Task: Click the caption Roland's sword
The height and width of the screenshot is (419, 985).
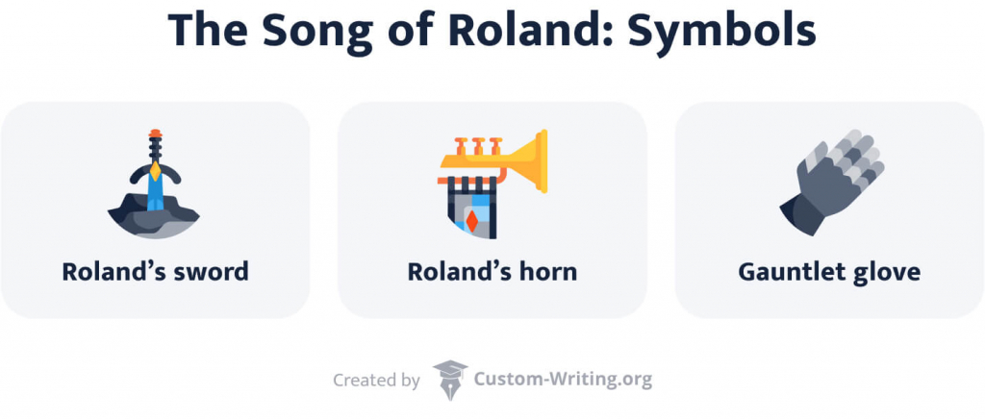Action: pyautogui.click(x=155, y=272)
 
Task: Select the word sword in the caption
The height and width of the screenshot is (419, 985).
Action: pyautogui.click(x=211, y=272)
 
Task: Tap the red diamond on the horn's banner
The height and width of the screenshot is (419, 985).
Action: pyautogui.click(x=472, y=222)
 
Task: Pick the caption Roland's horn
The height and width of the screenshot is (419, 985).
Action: pyautogui.click(x=492, y=272)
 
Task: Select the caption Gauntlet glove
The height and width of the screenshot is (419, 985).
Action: pyautogui.click(x=828, y=272)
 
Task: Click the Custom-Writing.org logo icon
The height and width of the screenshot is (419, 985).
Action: pyautogui.click(x=449, y=379)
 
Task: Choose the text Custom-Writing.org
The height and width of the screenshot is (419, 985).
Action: pyautogui.click(x=563, y=380)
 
